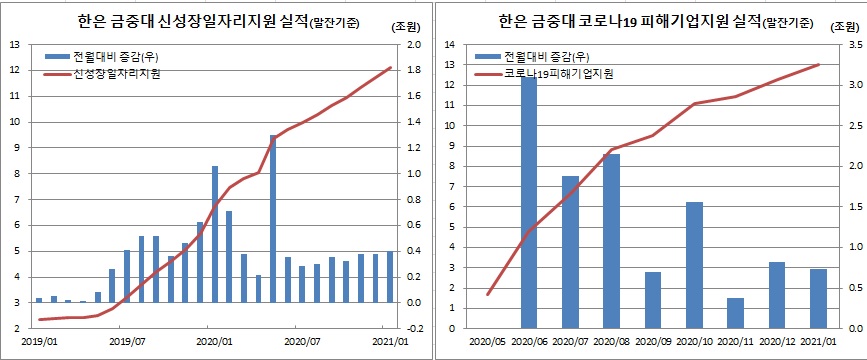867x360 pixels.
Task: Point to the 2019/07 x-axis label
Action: tap(126, 340)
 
